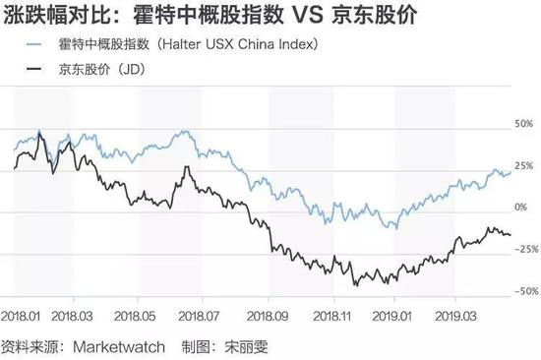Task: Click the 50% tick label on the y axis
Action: (523, 124)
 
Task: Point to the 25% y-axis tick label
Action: (523, 166)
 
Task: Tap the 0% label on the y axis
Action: (521, 208)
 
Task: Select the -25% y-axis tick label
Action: (526, 249)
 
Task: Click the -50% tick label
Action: (526, 291)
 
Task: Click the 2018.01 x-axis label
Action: (21, 316)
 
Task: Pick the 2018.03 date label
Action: (72, 316)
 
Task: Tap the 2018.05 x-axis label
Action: (135, 316)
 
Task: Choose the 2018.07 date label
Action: (199, 316)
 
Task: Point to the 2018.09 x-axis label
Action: (268, 316)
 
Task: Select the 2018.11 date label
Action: (331, 316)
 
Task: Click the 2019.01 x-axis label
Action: (391, 316)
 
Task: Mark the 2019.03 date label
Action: (456, 316)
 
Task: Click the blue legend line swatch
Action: (33, 44)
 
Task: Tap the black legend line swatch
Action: (33, 69)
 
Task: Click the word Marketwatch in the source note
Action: (119, 347)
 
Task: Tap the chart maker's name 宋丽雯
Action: (246, 347)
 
